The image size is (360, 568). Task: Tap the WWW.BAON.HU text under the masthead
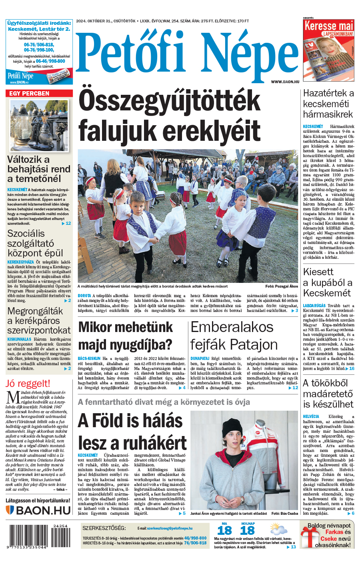285,82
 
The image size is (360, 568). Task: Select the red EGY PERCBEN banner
39,94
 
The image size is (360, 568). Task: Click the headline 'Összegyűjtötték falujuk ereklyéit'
170,116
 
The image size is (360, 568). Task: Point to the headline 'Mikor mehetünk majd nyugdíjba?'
126,336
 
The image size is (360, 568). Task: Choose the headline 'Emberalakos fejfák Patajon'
234,336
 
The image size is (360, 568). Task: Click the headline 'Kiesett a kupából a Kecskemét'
328,282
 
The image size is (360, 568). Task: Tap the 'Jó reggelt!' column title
28,384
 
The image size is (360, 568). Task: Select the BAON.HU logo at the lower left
38,510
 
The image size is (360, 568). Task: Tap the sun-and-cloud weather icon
278,530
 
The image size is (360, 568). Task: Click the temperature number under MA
224,531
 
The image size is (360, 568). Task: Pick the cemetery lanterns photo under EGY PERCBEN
39,126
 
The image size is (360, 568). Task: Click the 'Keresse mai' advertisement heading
329,26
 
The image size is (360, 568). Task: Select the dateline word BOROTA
84,296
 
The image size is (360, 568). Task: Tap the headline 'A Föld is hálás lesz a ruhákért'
132,432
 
